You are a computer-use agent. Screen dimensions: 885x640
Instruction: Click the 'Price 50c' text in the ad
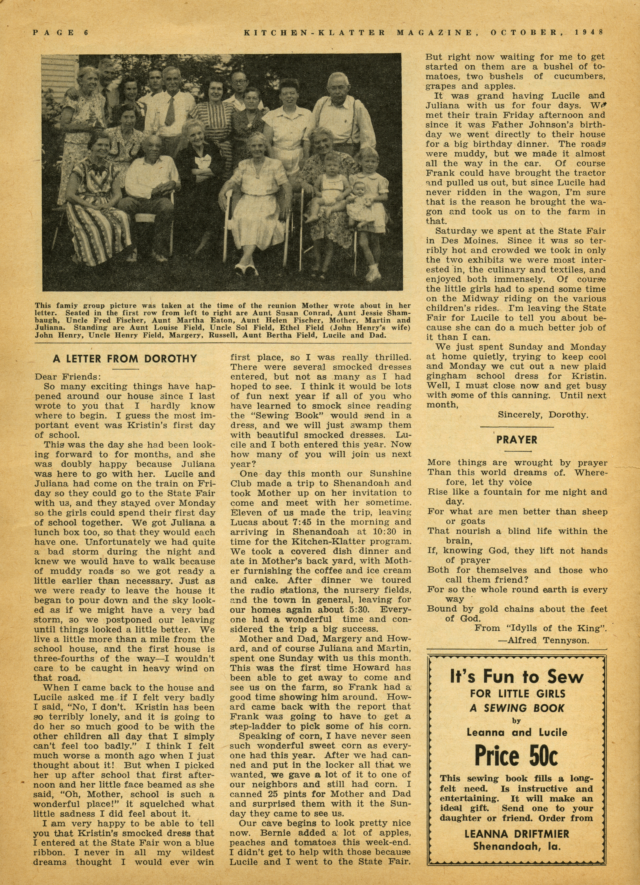[516, 756]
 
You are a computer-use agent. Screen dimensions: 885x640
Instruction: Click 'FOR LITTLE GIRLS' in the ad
[517, 694]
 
